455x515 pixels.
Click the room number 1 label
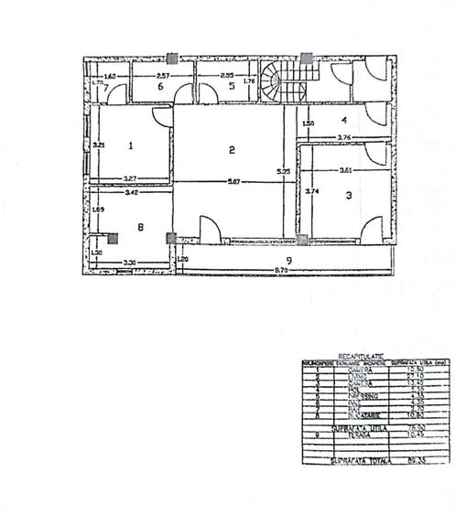pyautogui.click(x=131, y=145)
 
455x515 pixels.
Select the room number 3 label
pyautogui.click(x=348, y=195)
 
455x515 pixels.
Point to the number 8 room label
pyautogui.click(x=139, y=227)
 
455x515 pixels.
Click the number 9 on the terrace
pyautogui.click(x=288, y=262)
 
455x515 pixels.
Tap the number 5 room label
pyautogui.click(x=232, y=86)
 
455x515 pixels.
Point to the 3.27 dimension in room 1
pyautogui.click(x=132, y=177)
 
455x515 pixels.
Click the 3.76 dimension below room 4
pyautogui.click(x=344, y=137)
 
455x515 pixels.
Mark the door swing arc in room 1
pyautogui.click(x=160, y=116)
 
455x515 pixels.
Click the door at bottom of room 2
pyautogui.click(x=207, y=228)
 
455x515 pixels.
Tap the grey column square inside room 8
pyautogui.click(x=113, y=238)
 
